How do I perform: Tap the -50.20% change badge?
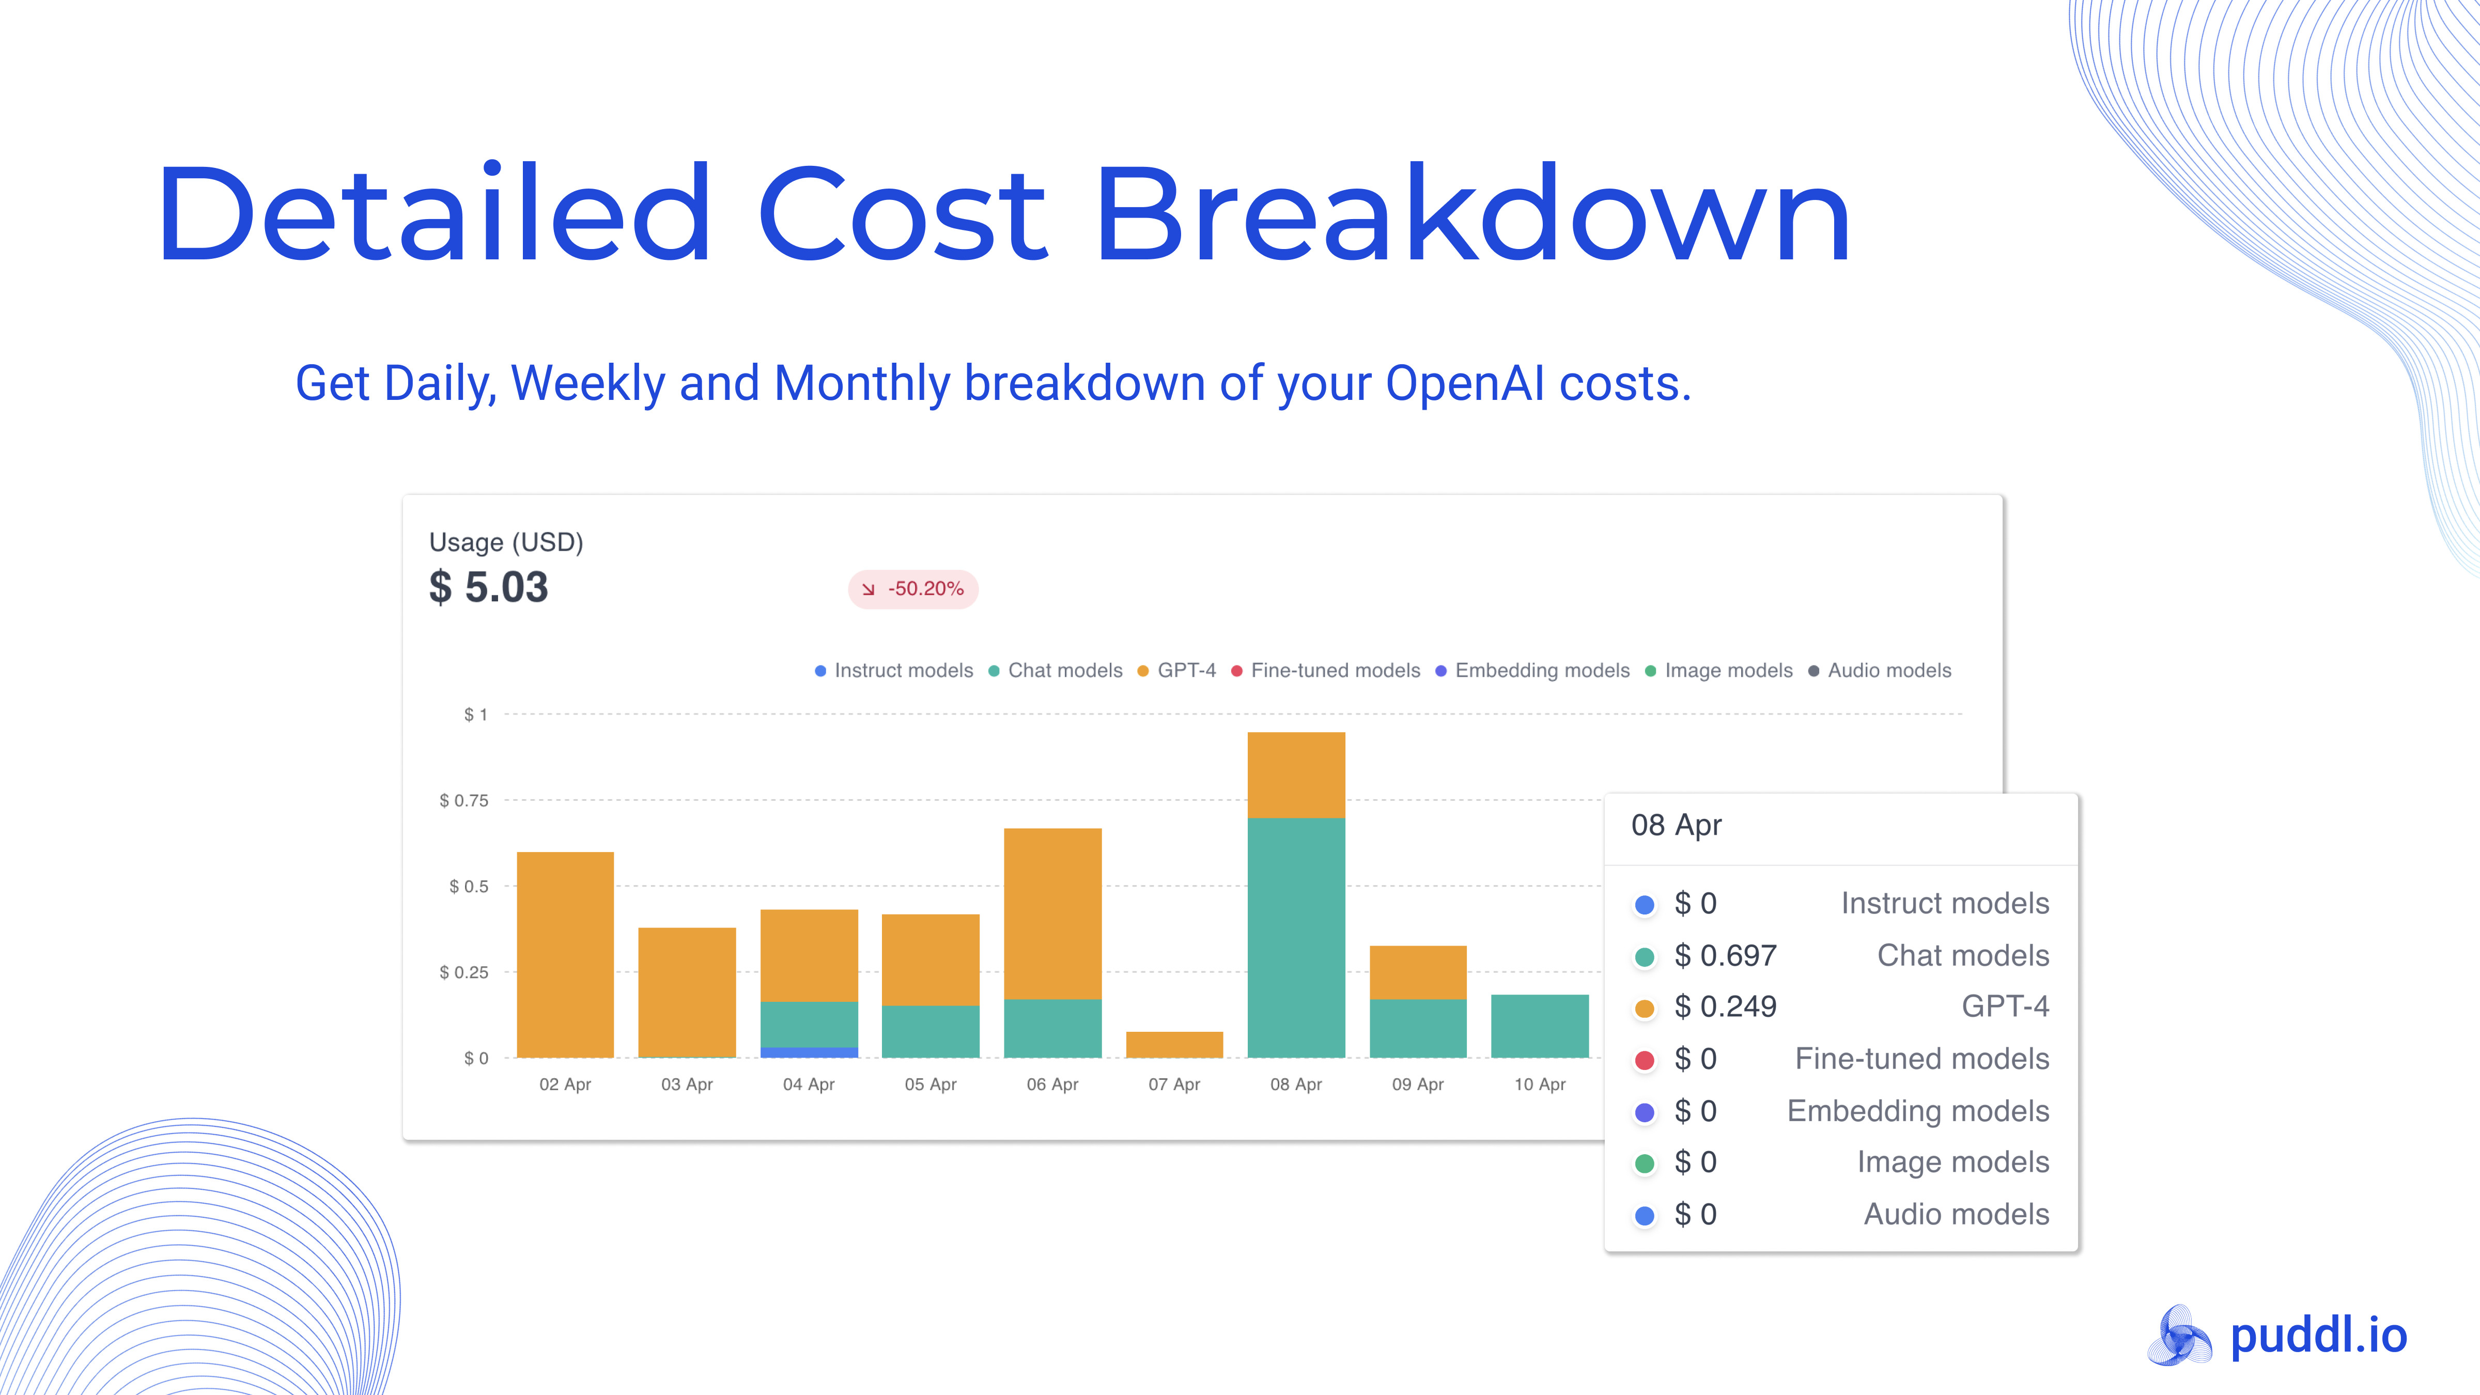click(912, 589)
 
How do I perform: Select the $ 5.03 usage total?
click(489, 587)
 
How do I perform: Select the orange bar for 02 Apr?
click(565, 953)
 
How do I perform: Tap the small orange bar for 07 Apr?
click(1173, 1045)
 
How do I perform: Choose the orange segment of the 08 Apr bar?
click(1296, 775)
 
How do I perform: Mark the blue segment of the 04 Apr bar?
click(809, 1052)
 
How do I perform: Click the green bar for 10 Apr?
click(1540, 1026)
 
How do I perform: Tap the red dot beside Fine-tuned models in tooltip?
click(1645, 1060)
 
